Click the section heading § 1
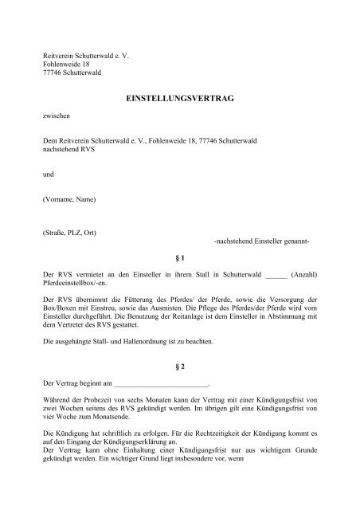179,259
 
